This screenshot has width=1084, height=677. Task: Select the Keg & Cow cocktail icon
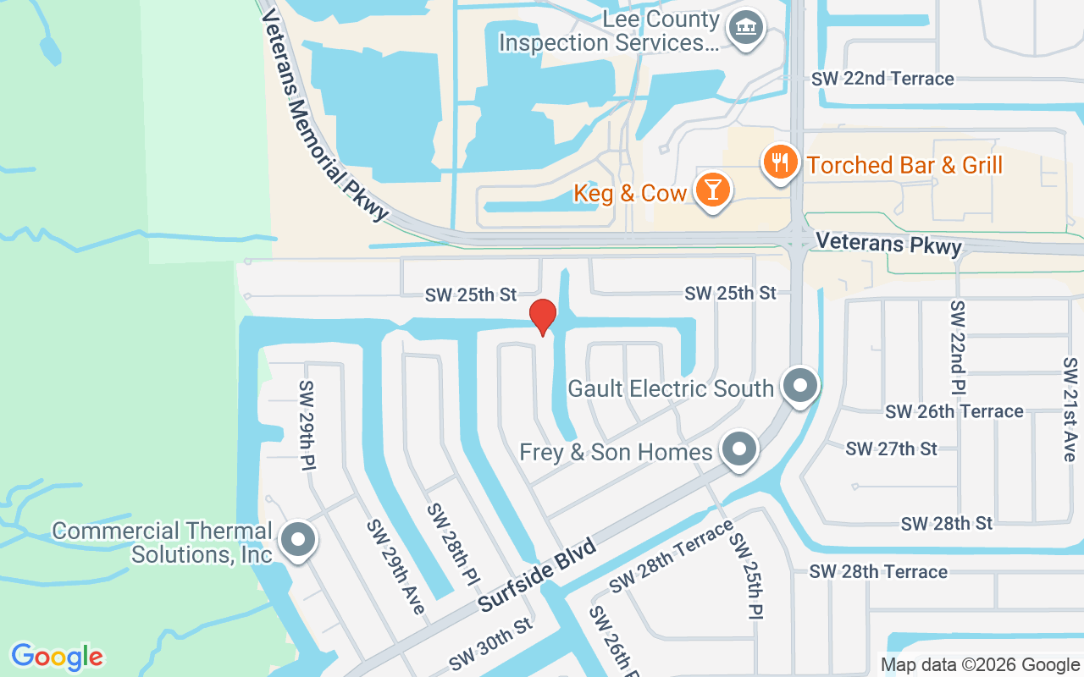(712, 190)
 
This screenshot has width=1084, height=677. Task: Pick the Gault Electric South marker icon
(799, 386)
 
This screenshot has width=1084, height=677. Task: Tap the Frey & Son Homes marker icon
(738, 449)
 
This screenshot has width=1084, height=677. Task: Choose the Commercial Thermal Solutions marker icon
(297, 539)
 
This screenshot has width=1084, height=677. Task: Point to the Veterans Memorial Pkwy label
(325, 114)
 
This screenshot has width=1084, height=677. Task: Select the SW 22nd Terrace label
(882, 79)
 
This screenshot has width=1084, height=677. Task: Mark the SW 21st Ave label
(1070, 409)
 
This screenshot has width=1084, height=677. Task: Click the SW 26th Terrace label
(954, 411)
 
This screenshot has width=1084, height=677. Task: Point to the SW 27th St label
(891, 449)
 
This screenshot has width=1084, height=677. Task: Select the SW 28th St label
(946, 524)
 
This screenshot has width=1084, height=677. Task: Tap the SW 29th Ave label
(395, 566)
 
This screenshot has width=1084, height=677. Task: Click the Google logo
(57, 657)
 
